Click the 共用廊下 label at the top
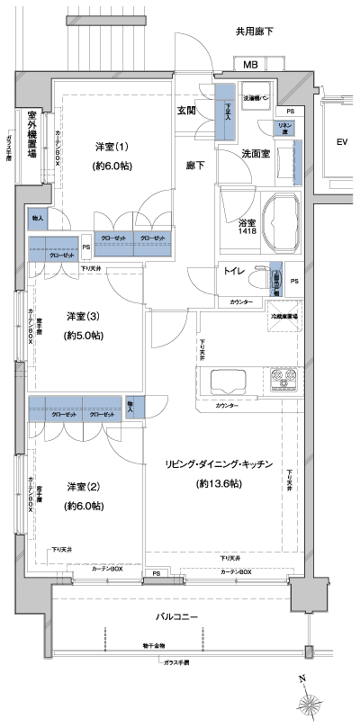point(255,31)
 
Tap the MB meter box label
point(249,64)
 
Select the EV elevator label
point(341,142)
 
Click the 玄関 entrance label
point(187,111)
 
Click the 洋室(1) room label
point(112,147)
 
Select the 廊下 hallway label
point(194,166)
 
